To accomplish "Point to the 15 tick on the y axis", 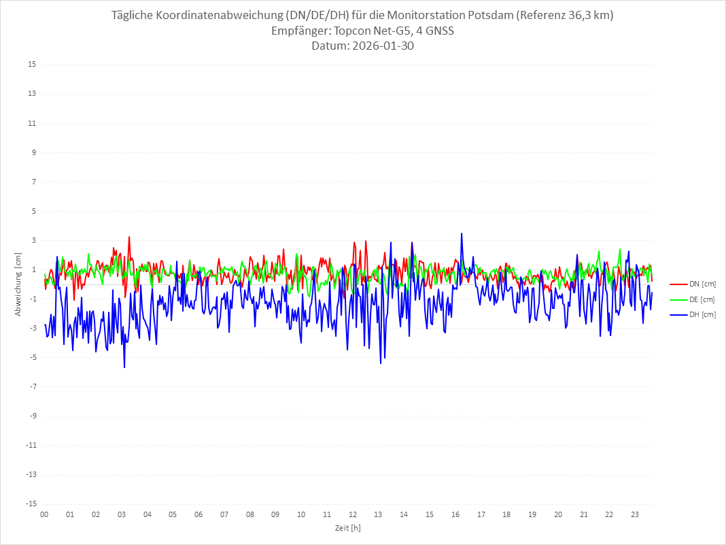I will pyautogui.click(x=32, y=65).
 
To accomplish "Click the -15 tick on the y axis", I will pyautogui.click(x=31, y=503).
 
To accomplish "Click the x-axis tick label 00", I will pyautogui.click(x=44, y=514).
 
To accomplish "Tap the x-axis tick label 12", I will pyautogui.click(x=353, y=514).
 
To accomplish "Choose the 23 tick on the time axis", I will pyautogui.click(x=635, y=514).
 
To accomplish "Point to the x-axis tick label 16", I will pyautogui.click(x=455, y=514).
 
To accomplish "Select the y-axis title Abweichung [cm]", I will pyautogui.click(x=19, y=284).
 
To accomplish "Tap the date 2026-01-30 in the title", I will pyautogui.click(x=381, y=46).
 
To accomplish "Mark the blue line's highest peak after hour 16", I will pyautogui.click(x=462, y=233).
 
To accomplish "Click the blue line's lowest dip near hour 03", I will pyautogui.click(x=124, y=367).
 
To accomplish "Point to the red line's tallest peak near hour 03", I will pyautogui.click(x=129, y=237).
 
